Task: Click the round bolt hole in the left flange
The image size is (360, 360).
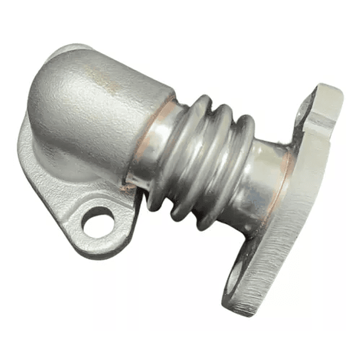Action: click(x=97, y=224)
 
